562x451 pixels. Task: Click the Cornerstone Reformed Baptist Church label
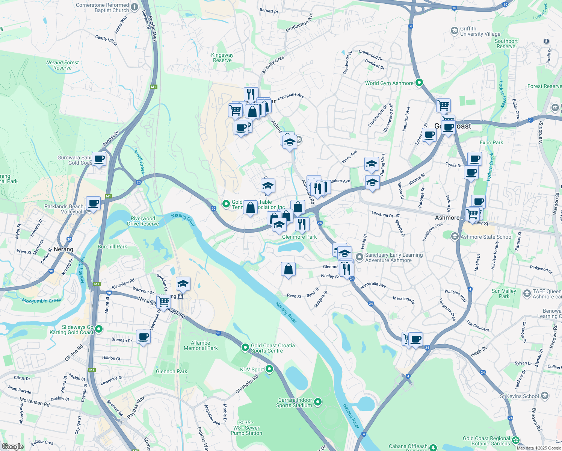(x=102, y=8)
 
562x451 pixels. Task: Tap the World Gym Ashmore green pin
(x=420, y=83)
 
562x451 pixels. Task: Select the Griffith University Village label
(x=480, y=31)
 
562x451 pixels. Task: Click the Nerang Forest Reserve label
(x=62, y=65)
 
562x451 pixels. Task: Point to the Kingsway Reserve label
(x=222, y=58)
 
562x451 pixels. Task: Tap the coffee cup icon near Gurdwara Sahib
(x=99, y=159)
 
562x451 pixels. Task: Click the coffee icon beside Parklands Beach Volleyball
(x=94, y=203)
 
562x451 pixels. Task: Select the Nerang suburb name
(x=63, y=249)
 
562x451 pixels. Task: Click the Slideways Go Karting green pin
(x=99, y=329)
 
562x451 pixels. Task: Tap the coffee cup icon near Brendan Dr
(x=143, y=337)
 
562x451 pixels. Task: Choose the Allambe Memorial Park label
(x=201, y=345)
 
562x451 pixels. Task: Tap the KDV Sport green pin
(x=269, y=369)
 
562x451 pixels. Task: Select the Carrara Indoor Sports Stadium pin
(x=318, y=402)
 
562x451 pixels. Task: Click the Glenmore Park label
(x=299, y=237)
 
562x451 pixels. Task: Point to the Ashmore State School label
(x=486, y=237)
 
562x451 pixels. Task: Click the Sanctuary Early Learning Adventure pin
(x=360, y=257)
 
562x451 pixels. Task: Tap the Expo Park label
(x=491, y=142)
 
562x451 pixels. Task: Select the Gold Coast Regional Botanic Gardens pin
(x=516, y=440)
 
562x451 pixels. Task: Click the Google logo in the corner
(x=13, y=446)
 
